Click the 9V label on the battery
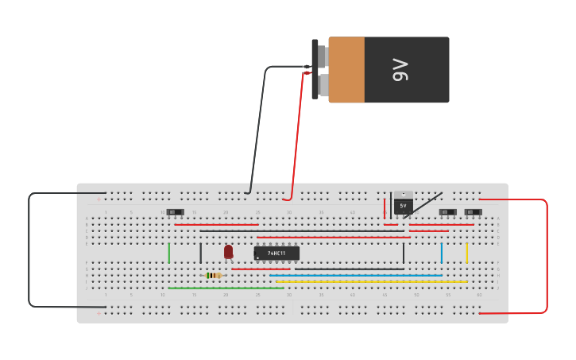[x=400, y=70]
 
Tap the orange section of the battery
[x=346, y=70]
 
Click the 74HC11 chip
[x=276, y=253]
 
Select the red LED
[x=228, y=251]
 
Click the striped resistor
[x=213, y=275]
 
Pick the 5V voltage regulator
[x=403, y=203]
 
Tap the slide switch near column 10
[x=175, y=212]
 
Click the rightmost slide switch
[x=473, y=212]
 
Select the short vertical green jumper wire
[x=168, y=253]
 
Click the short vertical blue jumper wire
[x=441, y=253]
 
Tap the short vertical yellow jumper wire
[x=466, y=253]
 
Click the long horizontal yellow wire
[x=372, y=281]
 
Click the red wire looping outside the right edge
[x=547, y=254]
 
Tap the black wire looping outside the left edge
[x=29, y=250]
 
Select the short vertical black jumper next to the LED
[x=200, y=253]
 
